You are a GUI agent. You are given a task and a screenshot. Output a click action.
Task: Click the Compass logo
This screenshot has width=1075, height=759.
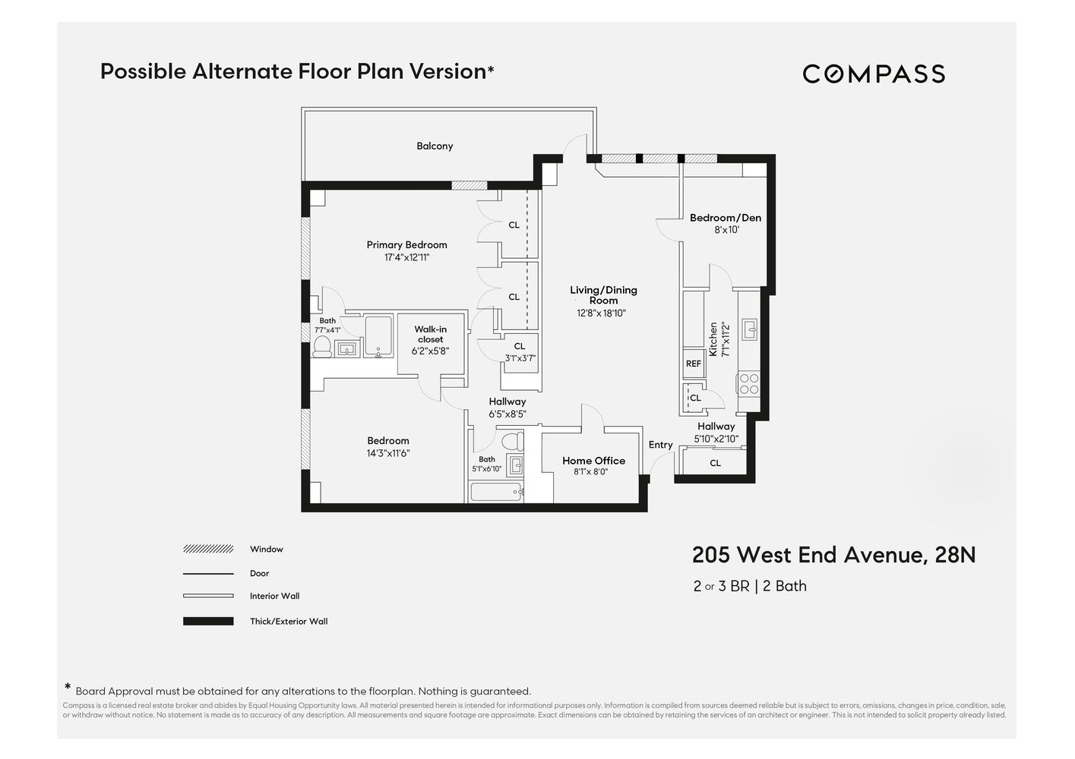click(x=874, y=74)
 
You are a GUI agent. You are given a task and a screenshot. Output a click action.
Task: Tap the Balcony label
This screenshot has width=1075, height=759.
click(x=435, y=146)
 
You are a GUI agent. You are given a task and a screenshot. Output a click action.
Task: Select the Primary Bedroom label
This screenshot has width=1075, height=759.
click(x=406, y=244)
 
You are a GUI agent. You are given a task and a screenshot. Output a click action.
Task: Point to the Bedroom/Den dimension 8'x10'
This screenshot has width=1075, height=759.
click(x=726, y=230)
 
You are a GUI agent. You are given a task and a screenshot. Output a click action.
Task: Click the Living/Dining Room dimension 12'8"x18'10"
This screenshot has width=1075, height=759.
click(x=601, y=313)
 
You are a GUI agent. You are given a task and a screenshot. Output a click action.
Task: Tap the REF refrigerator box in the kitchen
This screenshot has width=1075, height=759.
click(x=693, y=364)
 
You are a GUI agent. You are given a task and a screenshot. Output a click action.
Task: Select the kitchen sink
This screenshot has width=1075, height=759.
click(x=750, y=329)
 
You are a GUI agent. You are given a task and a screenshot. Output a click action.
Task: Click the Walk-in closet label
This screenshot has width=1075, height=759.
click(x=430, y=334)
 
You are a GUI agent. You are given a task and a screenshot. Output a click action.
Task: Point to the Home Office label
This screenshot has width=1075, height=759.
click(x=593, y=461)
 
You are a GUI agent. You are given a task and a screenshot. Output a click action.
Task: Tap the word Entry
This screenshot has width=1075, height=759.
click(x=660, y=445)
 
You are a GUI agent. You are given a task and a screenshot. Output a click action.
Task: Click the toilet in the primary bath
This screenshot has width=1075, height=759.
click(x=322, y=347)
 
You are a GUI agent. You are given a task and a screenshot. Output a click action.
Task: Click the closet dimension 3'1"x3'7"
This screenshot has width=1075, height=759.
click(x=520, y=358)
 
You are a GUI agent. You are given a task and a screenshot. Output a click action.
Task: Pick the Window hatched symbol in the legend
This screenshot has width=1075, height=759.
click(x=208, y=549)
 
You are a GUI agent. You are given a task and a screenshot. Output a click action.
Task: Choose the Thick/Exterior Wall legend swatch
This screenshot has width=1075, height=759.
click(x=208, y=621)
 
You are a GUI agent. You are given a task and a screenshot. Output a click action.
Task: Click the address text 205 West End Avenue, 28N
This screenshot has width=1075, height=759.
click(x=833, y=555)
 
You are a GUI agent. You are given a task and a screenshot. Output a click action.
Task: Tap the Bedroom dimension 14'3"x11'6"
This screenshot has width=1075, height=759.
click(x=388, y=453)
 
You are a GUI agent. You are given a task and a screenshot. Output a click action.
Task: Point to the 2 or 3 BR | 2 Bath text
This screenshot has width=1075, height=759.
click(x=750, y=586)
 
